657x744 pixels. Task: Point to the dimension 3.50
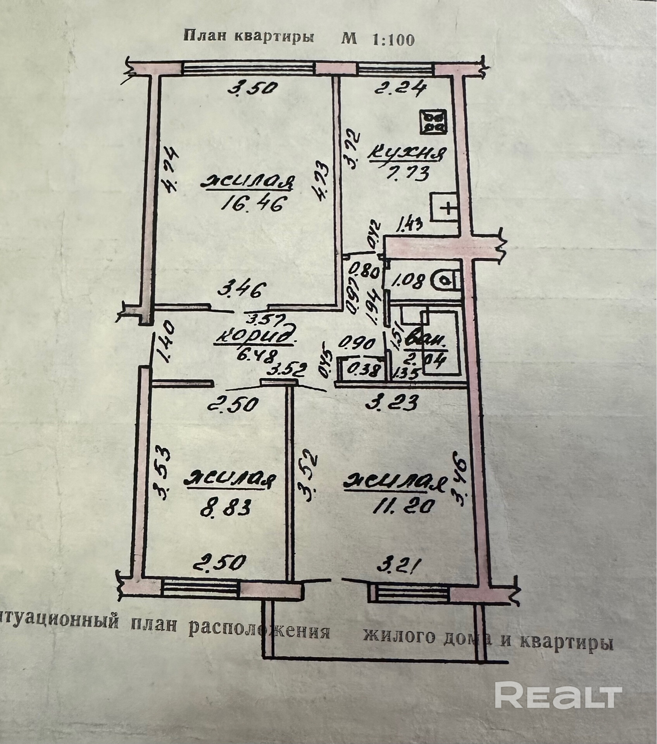[x=253, y=89]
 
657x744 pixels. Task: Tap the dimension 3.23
[x=391, y=403]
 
